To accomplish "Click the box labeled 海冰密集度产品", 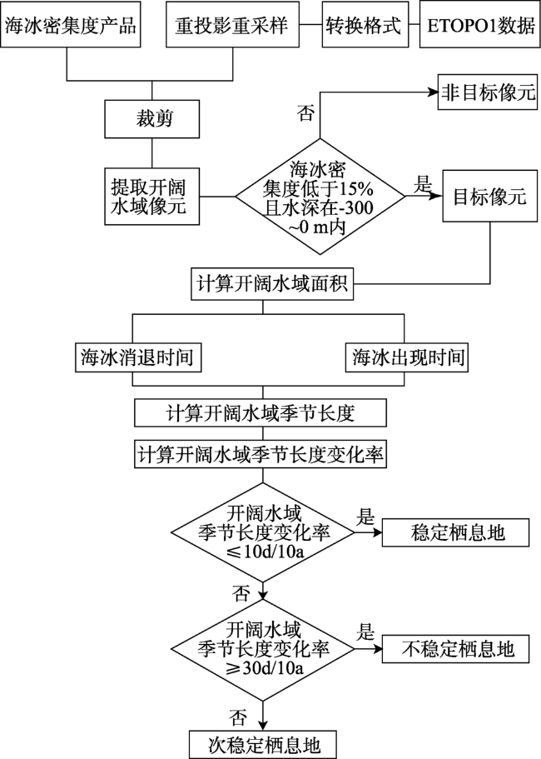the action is pyautogui.click(x=70, y=25).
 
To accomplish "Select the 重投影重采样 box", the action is pyautogui.click(x=231, y=25).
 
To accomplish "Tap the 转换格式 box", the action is pyautogui.click(x=365, y=25).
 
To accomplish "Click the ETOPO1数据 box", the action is pyautogui.click(x=480, y=25).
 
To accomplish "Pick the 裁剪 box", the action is pyautogui.click(x=152, y=119).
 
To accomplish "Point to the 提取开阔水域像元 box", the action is pyautogui.click(x=152, y=197).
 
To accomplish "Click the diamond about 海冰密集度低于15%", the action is pyautogui.click(x=320, y=197).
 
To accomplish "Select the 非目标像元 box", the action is pyautogui.click(x=488, y=92).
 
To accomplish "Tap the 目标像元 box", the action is pyautogui.click(x=490, y=197).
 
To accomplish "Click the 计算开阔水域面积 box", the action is pyautogui.click(x=271, y=284).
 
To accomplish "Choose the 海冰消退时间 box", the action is pyautogui.click(x=138, y=357).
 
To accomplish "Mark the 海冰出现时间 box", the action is pyautogui.click(x=407, y=357).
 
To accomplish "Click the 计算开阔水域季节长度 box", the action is pyautogui.click(x=261, y=413).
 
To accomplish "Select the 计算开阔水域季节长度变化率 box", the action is pyautogui.click(x=261, y=454).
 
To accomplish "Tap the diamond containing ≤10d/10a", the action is pyautogui.click(x=263, y=532).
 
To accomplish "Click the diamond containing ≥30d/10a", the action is pyautogui.click(x=263, y=649).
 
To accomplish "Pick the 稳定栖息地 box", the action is pyautogui.click(x=455, y=532).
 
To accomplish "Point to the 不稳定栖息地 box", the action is pyautogui.click(x=455, y=649).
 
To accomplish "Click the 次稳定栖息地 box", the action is pyautogui.click(x=263, y=745).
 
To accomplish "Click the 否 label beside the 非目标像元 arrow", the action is pyautogui.click(x=305, y=113).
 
